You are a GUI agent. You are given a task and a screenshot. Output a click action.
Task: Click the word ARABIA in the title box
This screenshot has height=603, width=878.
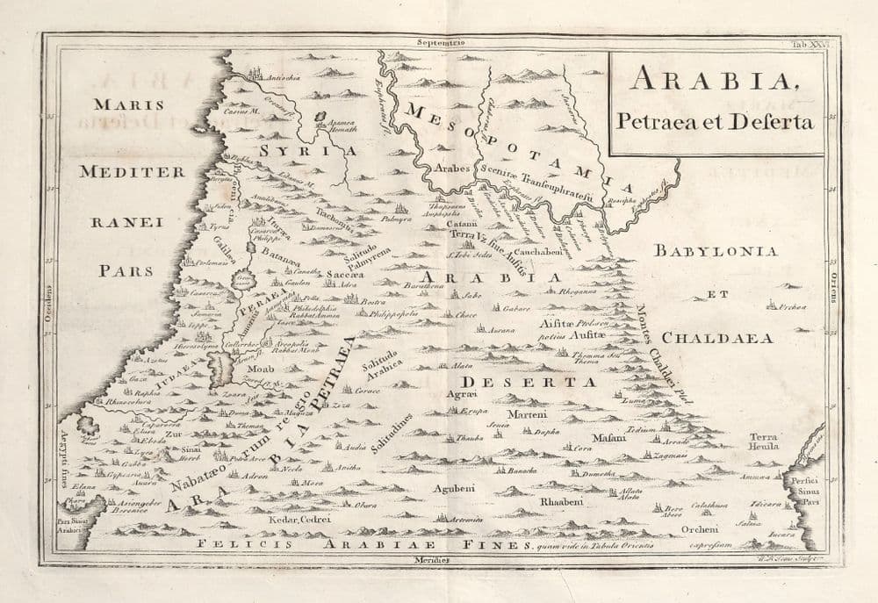coord(712,82)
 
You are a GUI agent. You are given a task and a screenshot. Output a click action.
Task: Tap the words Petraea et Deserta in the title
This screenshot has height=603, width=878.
coord(715,121)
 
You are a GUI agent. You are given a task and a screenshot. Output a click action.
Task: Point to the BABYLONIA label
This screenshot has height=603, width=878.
coord(716,251)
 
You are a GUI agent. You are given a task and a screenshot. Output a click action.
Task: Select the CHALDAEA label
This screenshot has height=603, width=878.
coord(716,337)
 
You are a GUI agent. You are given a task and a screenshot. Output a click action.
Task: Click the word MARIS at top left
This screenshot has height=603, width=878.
coord(129,104)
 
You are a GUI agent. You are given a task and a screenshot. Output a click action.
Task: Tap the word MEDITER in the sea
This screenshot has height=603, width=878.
coord(132,172)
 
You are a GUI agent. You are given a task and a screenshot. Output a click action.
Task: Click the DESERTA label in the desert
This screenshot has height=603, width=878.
coord(529,383)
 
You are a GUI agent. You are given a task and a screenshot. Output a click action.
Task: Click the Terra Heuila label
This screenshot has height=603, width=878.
coord(763,441)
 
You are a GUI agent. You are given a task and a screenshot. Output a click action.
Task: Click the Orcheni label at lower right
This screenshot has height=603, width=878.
coord(702,528)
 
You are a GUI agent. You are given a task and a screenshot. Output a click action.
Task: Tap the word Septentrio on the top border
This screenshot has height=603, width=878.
coord(441,40)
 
